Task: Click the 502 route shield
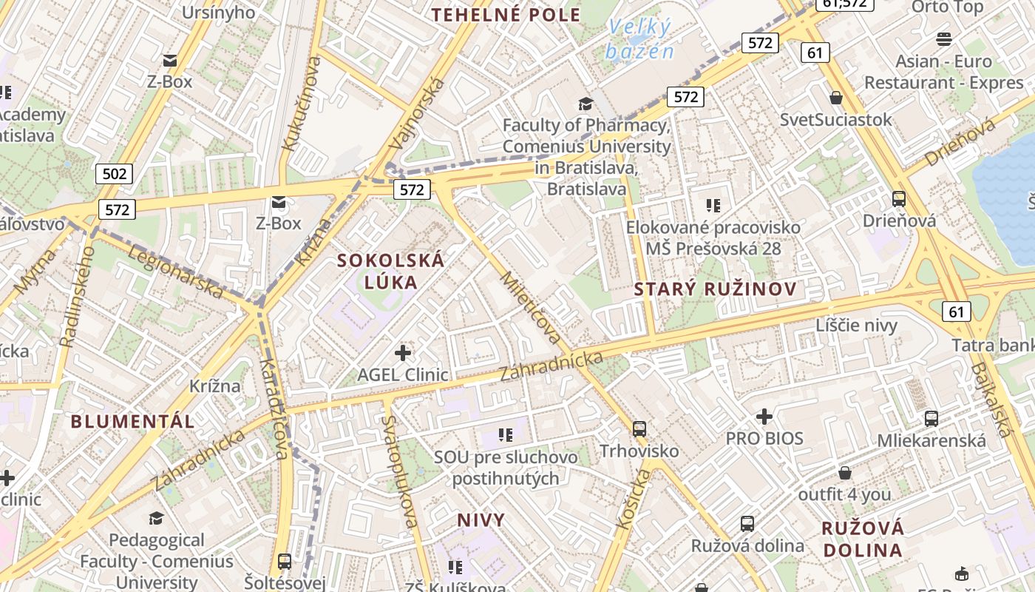click(114, 174)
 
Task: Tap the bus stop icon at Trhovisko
click(639, 428)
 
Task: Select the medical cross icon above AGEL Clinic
click(403, 353)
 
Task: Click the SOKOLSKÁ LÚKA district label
click(391, 271)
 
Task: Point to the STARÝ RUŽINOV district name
click(715, 289)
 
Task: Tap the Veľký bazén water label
click(639, 40)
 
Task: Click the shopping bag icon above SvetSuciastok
click(836, 98)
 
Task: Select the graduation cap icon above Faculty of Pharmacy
click(586, 104)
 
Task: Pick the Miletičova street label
click(531, 308)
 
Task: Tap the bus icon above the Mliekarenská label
click(931, 419)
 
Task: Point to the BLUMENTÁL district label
click(133, 422)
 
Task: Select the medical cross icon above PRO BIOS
click(764, 417)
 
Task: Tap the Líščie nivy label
click(856, 326)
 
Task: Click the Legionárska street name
click(176, 272)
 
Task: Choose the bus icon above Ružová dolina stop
click(747, 524)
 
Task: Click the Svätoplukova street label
click(399, 471)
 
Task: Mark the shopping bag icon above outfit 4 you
click(845, 473)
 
